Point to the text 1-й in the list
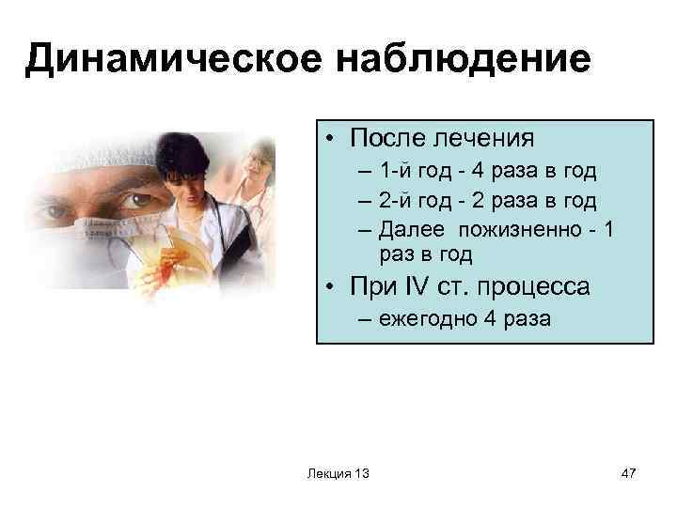pyautogui.click(x=396, y=171)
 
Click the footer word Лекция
pyautogui.click(x=326, y=474)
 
